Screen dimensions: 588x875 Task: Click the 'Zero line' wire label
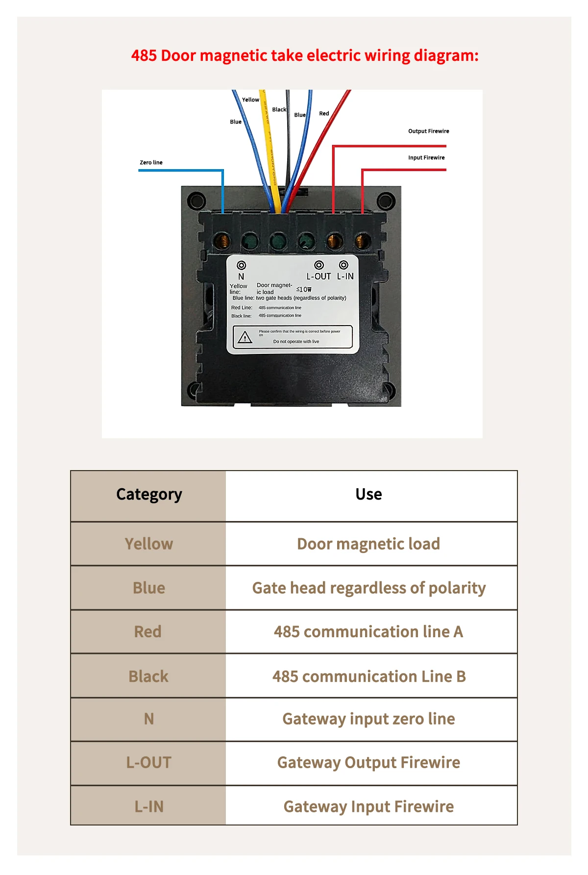coord(151,162)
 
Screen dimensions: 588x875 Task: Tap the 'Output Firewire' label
coord(428,131)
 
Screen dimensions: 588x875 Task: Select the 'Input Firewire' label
coord(426,157)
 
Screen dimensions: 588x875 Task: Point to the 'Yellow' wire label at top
coord(250,100)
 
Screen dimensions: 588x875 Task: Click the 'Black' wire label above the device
coord(279,109)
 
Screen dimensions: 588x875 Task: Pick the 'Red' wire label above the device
coord(324,113)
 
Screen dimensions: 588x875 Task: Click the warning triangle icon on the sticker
coord(245,338)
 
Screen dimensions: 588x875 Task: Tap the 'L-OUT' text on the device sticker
coord(318,276)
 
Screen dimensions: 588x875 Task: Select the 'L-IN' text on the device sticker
coord(345,276)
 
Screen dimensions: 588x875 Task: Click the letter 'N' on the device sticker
coord(241,276)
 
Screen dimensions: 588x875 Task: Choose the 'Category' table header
coord(149,494)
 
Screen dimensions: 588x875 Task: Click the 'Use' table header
coord(368,494)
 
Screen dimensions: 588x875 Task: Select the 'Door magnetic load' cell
coord(368,544)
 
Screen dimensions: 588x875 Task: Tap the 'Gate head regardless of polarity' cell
coord(368,588)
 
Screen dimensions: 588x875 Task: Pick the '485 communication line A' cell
coord(368,632)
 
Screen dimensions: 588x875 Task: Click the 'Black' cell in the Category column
coord(148,676)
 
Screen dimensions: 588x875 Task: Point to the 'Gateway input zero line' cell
coord(368,719)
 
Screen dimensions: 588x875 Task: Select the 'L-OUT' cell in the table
coord(149,763)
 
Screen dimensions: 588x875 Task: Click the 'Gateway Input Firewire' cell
coord(368,806)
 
